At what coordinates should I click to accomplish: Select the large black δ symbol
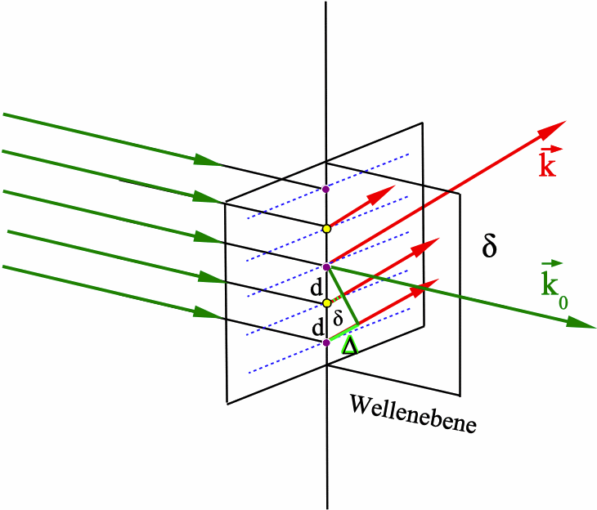pos(490,246)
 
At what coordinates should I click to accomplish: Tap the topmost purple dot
pos(325,189)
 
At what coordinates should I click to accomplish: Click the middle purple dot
pos(326,266)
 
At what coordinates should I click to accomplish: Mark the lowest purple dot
pos(326,342)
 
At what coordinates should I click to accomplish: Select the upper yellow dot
pos(325,228)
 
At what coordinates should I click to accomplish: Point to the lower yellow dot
pos(326,303)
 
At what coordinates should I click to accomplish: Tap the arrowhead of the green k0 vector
pos(582,324)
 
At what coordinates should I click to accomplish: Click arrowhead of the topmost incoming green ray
pos(208,160)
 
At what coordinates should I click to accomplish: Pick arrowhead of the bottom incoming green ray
pos(208,313)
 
